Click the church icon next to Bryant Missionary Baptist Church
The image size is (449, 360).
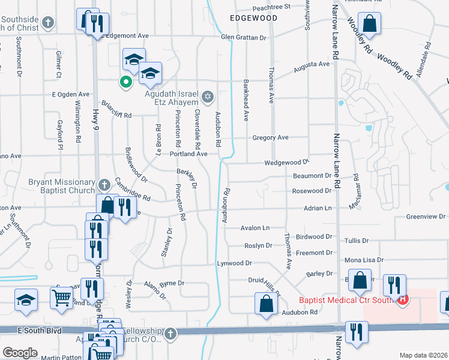(103, 184)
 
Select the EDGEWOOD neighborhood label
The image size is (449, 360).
(254, 18)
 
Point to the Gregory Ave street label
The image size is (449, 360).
(270, 137)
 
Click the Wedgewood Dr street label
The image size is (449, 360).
(286, 163)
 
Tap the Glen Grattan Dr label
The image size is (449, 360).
(243, 37)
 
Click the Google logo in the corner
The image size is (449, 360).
(20, 353)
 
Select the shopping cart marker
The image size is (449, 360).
(61, 296)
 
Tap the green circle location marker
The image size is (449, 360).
(126, 82)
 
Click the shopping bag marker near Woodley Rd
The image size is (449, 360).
(371, 25)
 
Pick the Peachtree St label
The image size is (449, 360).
(271, 7)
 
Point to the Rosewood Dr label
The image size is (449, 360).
(312, 191)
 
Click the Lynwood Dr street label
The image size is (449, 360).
(234, 263)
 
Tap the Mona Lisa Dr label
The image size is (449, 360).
(364, 260)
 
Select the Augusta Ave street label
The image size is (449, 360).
(312, 64)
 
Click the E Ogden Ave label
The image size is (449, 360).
(70, 94)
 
